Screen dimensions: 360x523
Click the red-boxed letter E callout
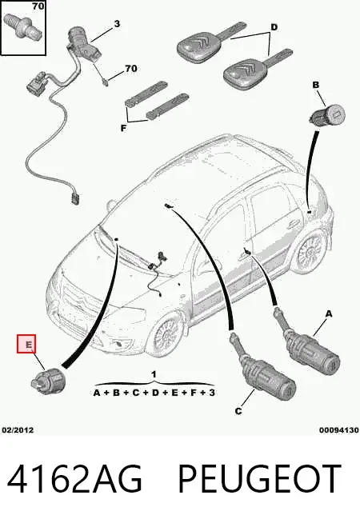(x=26, y=344)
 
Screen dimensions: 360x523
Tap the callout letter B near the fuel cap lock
(x=316, y=85)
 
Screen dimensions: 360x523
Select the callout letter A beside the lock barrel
(x=329, y=313)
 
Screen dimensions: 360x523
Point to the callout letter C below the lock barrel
(x=238, y=411)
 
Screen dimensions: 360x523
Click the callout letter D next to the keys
(x=274, y=27)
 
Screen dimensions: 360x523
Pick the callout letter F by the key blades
(x=123, y=128)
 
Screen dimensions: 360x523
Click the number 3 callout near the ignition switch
(x=117, y=24)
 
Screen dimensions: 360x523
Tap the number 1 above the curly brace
(x=154, y=374)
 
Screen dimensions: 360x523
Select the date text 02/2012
(x=18, y=430)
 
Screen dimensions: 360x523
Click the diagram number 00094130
(x=338, y=430)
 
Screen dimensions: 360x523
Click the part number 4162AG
(x=74, y=479)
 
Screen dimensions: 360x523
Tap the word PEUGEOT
(x=260, y=479)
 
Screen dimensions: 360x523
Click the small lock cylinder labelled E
(x=48, y=382)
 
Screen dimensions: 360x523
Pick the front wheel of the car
(x=166, y=333)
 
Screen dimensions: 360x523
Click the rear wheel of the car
(x=311, y=251)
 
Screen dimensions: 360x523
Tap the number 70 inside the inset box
(x=38, y=6)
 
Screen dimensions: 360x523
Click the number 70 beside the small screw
(x=130, y=69)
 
